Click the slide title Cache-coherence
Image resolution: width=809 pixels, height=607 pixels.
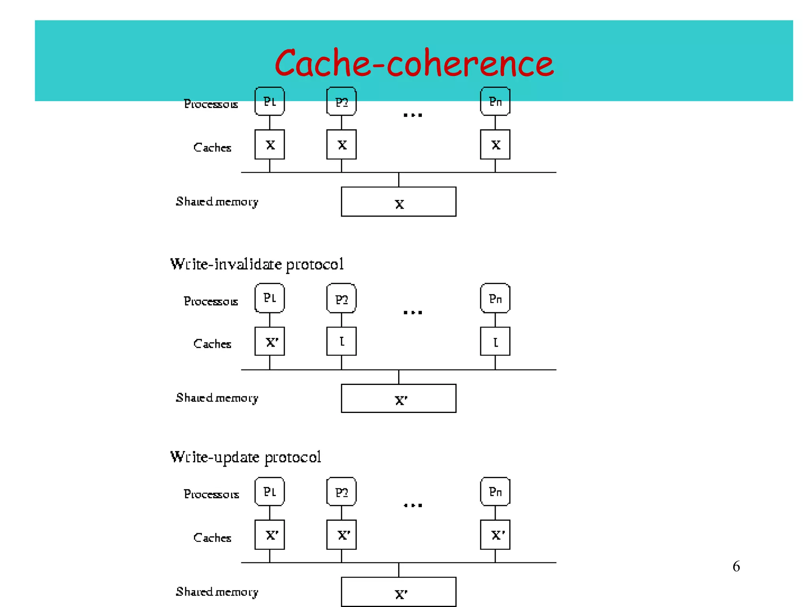tap(414, 63)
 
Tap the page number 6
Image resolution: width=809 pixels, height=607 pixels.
tap(736, 566)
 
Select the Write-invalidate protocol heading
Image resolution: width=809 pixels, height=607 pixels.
tap(257, 264)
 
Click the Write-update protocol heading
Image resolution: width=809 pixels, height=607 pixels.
tap(245, 457)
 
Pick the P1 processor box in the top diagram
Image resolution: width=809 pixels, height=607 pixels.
tap(269, 102)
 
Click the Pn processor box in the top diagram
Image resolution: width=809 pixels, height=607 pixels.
tap(495, 102)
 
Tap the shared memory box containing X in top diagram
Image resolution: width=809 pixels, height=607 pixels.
tap(398, 202)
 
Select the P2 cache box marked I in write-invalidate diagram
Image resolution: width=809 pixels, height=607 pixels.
tap(341, 341)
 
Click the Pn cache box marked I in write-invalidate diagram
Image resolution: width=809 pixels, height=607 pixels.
tap(495, 341)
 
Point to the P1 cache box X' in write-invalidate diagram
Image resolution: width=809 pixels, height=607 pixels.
tap(269, 341)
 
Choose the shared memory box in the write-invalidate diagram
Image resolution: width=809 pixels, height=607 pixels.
tap(398, 398)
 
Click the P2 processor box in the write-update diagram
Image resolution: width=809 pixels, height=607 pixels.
tap(341, 492)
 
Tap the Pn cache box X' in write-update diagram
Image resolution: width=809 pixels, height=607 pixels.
tap(495, 535)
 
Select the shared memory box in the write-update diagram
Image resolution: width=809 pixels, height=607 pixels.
tap(398, 592)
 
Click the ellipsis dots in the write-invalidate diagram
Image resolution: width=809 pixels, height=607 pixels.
tap(413, 313)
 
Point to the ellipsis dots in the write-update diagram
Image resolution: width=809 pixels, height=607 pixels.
tap(413, 505)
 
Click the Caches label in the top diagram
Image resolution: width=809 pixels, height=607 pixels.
tap(212, 147)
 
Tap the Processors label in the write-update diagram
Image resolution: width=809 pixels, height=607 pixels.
tap(211, 494)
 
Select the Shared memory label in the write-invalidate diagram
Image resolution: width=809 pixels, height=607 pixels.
tap(217, 398)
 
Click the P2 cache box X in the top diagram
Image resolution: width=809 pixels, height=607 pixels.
tap(341, 145)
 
